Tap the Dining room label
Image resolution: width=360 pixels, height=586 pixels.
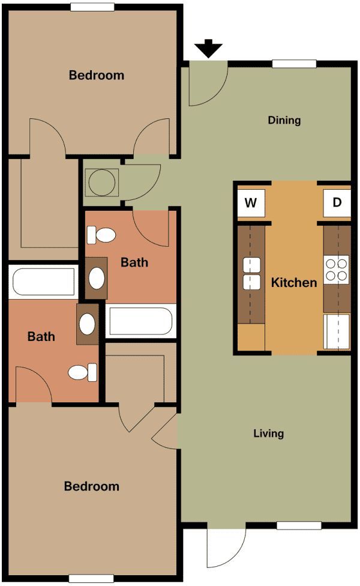tap(284, 120)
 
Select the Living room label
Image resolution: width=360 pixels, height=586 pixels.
tap(269, 433)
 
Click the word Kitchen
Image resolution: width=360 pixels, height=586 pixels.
tap(294, 282)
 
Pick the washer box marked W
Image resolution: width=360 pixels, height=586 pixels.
tap(250, 202)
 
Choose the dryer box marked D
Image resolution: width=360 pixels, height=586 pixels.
tap(337, 202)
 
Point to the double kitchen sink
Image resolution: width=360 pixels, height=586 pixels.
tap(251, 273)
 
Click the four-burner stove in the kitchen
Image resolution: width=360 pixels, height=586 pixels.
tap(337, 270)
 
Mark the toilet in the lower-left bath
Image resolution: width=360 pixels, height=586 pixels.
tap(82, 372)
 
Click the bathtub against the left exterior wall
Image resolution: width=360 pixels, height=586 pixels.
tap(44, 282)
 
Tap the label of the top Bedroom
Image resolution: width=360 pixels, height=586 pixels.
tap(97, 75)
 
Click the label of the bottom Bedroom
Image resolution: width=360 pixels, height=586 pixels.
tap(92, 486)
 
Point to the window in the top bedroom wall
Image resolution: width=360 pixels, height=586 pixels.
tap(92, 7)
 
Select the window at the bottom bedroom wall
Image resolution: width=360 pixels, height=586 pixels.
tap(91, 578)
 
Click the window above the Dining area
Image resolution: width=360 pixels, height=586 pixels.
tap(294, 64)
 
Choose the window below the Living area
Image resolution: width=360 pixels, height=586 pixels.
tap(298, 525)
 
